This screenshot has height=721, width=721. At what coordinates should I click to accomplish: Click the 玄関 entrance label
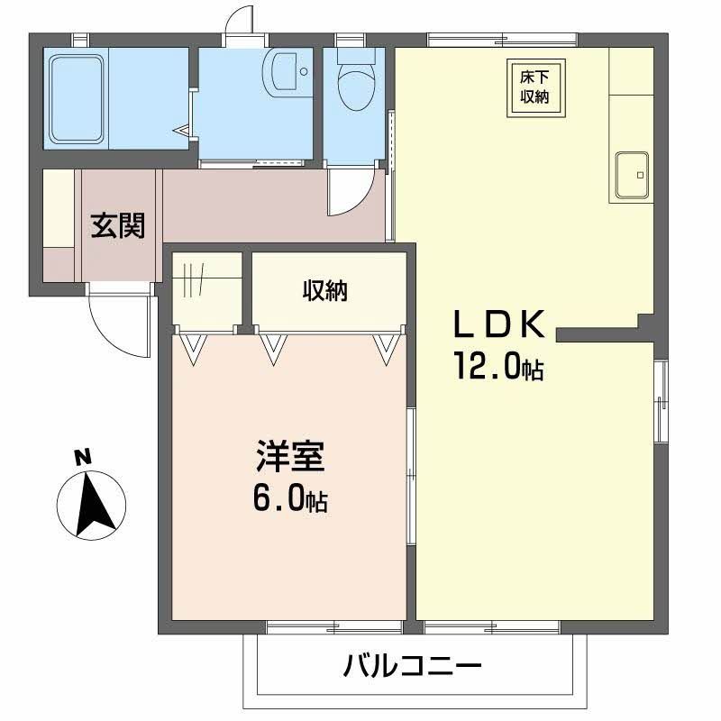[x=117, y=225]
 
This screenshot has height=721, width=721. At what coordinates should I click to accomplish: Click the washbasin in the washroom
[x=286, y=72]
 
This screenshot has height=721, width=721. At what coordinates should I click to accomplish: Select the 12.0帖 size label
[x=498, y=367]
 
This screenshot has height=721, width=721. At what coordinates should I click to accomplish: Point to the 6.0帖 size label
[x=288, y=498]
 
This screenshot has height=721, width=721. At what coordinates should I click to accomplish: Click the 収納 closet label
[x=325, y=291]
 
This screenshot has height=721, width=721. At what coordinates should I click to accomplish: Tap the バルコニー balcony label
[x=412, y=668]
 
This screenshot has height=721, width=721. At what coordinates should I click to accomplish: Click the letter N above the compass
[x=82, y=457]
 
